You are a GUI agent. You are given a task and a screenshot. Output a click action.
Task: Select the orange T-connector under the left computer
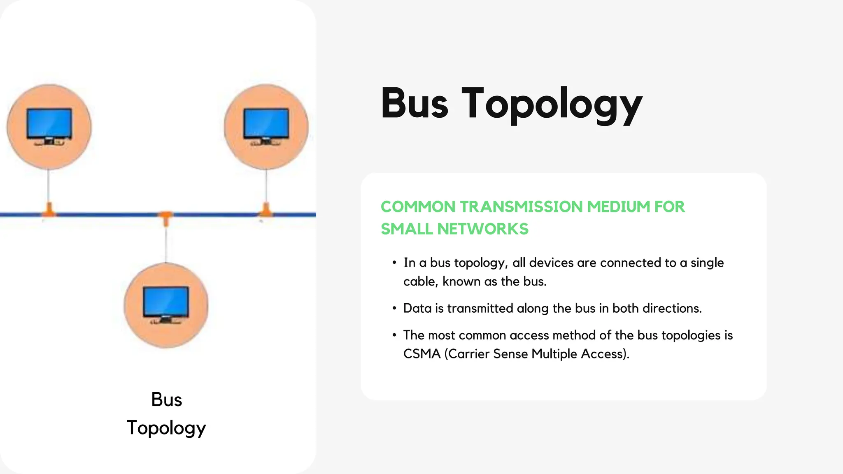click(49, 210)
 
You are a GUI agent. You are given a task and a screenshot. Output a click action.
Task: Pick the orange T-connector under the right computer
click(266, 210)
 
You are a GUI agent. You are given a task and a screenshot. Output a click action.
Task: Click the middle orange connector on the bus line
click(166, 218)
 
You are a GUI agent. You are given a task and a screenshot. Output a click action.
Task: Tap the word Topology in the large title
click(552, 105)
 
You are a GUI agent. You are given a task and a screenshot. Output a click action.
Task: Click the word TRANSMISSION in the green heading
click(522, 207)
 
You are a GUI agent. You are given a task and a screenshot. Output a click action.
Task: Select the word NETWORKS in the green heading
click(483, 229)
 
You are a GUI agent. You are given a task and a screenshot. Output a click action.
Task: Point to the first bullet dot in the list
click(394, 263)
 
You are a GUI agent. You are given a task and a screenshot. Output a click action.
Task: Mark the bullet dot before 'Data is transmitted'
click(394, 308)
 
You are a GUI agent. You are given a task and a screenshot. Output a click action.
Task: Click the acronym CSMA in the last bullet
click(421, 354)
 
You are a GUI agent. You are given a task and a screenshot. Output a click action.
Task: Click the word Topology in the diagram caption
click(166, 428)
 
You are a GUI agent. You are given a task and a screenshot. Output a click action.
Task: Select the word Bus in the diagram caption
click(166, 400)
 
